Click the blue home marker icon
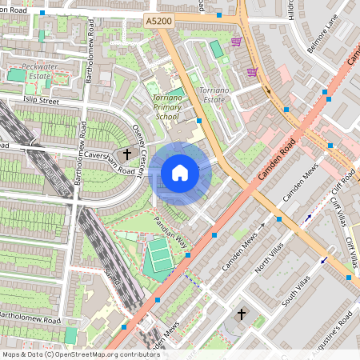[180, 173]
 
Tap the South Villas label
[296, 291]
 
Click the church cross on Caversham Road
[126, 154]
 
